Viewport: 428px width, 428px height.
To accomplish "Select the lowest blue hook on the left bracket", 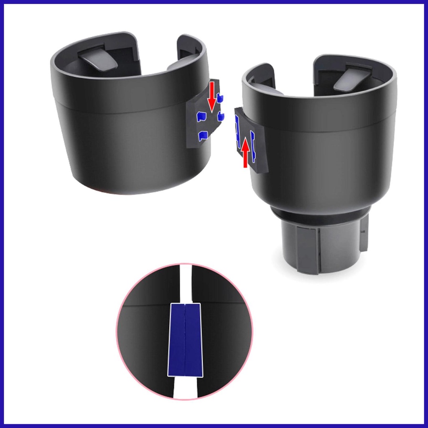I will click(203, 135).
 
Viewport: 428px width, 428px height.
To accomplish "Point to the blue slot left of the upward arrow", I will click(238, 127).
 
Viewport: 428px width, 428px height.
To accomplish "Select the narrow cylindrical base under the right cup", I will click(322, 249).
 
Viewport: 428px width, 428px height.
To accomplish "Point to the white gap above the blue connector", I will click(184, 284).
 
